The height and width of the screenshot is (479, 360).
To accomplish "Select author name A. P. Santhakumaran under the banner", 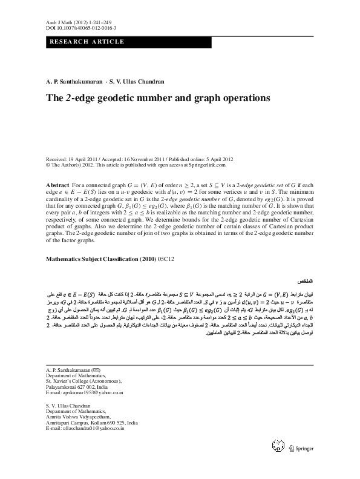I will coord(73,81).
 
